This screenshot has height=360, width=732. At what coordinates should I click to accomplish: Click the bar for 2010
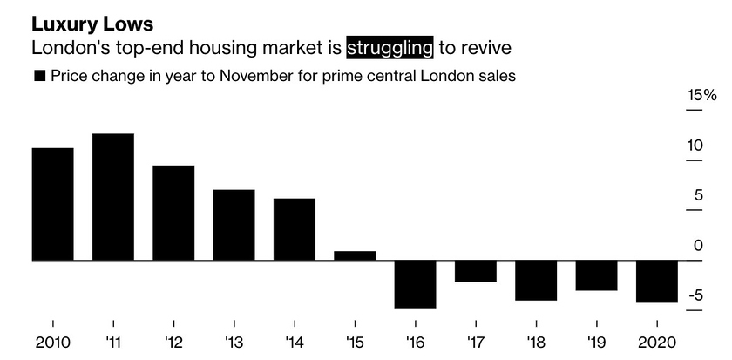pyautogui.click(x=52, y=204)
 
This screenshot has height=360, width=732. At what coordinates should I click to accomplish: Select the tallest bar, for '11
pyautogui.click(x=112, y=197)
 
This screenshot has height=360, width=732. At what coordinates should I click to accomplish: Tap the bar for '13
pyautogui.click(x=234, y=225)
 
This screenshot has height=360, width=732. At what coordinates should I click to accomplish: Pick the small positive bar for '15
pyautogui.click(x=355, y=255)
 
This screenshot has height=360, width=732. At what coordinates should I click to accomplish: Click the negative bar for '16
pyautogui.click(x=415, y=284)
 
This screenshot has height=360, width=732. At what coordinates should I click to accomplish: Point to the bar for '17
pyautogui.click(x=475, y=271)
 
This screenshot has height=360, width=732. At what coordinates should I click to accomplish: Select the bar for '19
pyautogui.click(x=596, y=275)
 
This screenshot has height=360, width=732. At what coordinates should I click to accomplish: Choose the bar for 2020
pyautogui.click(x=657, y=282)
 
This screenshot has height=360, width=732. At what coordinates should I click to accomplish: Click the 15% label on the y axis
pyautogui.click(x=701, y=95)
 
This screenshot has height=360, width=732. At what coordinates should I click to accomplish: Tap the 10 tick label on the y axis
pyautogui.click(x=694, y=146)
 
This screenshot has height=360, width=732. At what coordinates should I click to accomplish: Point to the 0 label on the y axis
pyautogui.click(x=697, y=246)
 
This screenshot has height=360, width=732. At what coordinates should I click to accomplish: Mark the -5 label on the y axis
pyautogui.click(x=694, y=296)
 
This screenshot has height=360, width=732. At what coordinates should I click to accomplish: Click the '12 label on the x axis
pyautogui.click(x=173, y=342)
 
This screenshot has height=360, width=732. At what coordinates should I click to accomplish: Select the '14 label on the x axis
pyautogui.click(x=295, y=342)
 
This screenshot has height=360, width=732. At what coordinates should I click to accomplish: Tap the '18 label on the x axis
pyautogui.click(x=536, y=342)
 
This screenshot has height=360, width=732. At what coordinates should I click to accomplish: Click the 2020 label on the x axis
pyautogui.click(x=657, y=342)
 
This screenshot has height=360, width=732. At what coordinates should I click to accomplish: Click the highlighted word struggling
pyautogui.click(x=389, y=47)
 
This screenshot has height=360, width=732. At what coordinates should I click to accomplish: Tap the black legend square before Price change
pyautogui.click(x=38, y=77)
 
